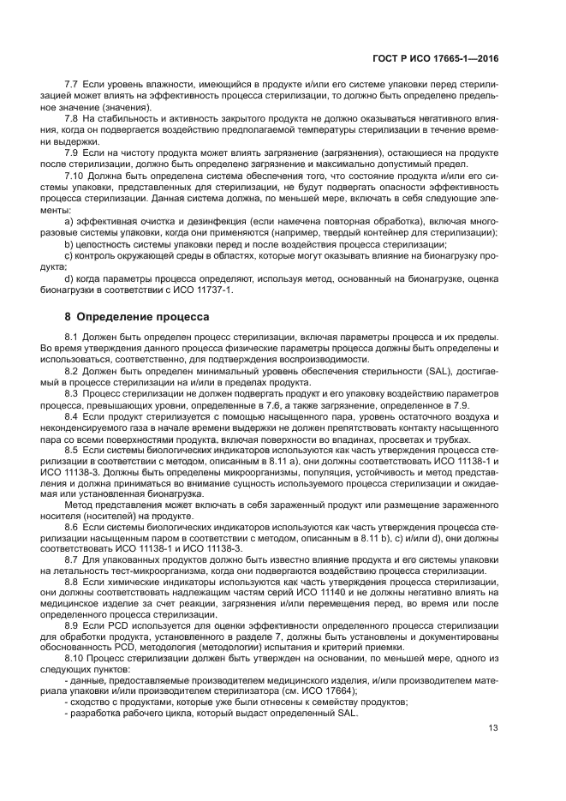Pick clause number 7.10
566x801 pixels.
point(74,175)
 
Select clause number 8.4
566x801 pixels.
point(72,415)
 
